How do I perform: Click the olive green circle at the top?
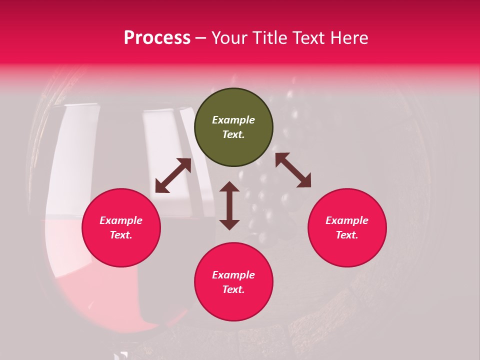point(233,127)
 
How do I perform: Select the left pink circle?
point(121,227)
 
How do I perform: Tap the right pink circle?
point(347,227)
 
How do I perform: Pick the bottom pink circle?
point(233,282)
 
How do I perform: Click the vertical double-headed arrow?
point(229,205)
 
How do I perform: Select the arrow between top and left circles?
point(173,175)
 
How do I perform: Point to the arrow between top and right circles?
point(293,170)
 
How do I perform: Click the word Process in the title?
point(157,38)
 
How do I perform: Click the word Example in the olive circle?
point(233,120)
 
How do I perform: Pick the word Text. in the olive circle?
point(233,134)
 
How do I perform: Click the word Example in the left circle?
point(121,220)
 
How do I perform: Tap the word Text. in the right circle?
point(347,235)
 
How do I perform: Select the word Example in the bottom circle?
point(233,275)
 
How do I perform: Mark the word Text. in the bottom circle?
point(233,289)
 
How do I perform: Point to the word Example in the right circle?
point(347,220)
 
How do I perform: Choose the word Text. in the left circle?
point(121,235)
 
